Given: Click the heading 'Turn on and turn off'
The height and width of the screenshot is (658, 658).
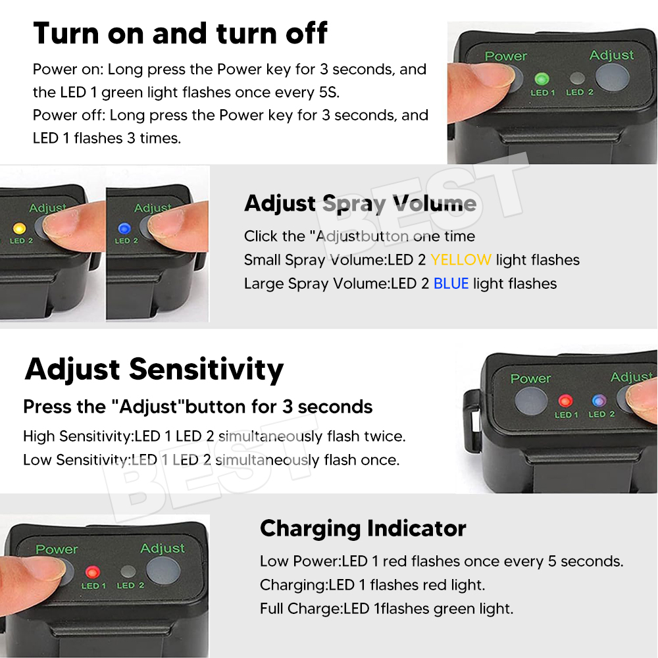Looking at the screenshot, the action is point(180,33).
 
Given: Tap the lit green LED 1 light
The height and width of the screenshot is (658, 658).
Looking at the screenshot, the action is point(542,78).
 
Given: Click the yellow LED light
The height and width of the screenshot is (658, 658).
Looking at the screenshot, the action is point(19,228).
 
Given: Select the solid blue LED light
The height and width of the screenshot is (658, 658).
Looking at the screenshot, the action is point(124,228).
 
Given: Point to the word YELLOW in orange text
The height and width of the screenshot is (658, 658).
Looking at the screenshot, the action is point(461,260).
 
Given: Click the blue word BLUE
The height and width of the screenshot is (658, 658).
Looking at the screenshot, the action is point(451,284).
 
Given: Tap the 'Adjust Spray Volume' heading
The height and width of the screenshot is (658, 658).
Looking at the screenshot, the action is point(360,203).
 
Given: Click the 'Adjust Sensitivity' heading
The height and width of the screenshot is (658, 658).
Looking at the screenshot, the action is point(154,369).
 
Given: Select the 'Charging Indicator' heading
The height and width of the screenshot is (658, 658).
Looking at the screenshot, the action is point(363,528).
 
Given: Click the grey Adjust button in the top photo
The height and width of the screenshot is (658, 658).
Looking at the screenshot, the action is point(612,78).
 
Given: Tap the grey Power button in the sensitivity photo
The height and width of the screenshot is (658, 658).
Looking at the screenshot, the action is point(531,401).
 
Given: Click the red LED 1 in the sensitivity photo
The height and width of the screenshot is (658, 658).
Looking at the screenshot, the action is point(565,401).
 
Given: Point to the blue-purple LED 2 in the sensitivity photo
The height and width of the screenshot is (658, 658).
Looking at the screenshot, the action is point(599,400).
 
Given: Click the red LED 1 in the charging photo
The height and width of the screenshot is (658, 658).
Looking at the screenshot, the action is point(92,572).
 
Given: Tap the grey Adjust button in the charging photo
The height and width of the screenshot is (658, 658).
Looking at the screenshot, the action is point(163,570).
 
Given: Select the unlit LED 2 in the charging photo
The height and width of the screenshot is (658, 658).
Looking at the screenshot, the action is point(128,571).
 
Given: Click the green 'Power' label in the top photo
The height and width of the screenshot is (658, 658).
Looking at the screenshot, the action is point(505,56).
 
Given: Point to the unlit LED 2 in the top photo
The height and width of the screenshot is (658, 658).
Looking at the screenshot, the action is point(578,78).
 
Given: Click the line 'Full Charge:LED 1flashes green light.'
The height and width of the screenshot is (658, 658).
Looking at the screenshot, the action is point(386,609).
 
